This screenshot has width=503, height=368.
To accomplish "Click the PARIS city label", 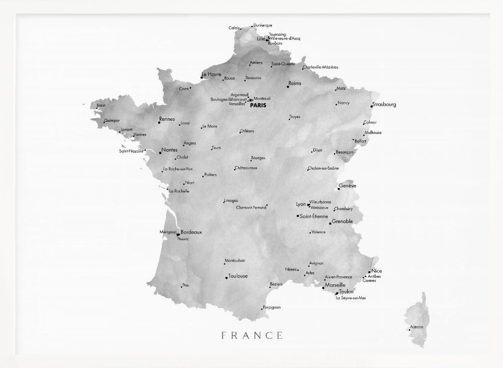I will tap(258, 106).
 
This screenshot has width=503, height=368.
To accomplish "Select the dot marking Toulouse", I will tap(226, 277).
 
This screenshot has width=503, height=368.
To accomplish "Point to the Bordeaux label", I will tap(191, 232).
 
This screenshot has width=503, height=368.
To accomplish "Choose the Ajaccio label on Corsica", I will tap(417, 327).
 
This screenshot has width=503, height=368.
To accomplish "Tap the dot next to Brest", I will tap(97, 107).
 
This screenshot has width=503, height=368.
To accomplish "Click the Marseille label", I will tap(335, 285).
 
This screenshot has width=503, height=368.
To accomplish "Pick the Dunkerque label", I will tap(263, 25).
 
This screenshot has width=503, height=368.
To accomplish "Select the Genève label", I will tap(348, 186).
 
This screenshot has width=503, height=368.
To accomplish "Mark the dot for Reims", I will tap(288, 87).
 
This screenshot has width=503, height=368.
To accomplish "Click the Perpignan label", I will tap(272, 307).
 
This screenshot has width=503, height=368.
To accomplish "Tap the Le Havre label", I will tap(211, 75).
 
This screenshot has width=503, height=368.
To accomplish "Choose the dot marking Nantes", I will tap(160, 152).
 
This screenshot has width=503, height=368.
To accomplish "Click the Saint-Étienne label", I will tap(313, 216).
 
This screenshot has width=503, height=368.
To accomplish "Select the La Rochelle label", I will tap(179, 191).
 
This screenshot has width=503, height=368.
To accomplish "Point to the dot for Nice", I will tap(369, 272).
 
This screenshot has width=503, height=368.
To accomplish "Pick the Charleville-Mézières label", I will tap(321, 67).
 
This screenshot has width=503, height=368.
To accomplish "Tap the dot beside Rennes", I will tap(159, 122).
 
